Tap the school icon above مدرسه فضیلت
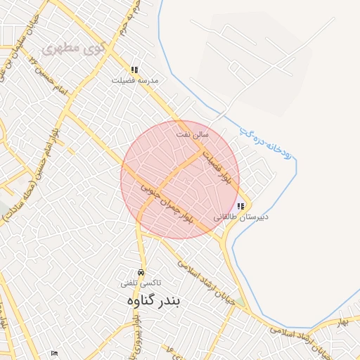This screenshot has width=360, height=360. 134,70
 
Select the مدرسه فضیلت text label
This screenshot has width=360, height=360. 135,81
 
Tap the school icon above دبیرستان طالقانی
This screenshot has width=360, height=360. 240,207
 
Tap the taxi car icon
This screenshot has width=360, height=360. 141,272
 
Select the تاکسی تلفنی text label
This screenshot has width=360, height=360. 141,283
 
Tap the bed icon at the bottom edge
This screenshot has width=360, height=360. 55,354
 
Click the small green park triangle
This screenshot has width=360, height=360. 241,301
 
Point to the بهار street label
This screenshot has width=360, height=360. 343,321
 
